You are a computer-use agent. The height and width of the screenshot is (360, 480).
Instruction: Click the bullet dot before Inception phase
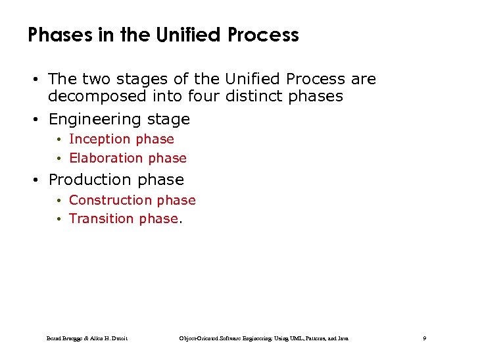59,140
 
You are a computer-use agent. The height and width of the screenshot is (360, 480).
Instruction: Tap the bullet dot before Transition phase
59,219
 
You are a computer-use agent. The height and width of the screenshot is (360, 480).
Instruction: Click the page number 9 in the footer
425,338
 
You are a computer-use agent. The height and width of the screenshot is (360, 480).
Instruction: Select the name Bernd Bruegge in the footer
64,338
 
